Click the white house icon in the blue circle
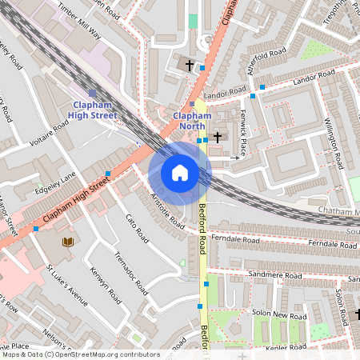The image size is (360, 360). [x=180, y=173]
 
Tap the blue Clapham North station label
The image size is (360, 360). [x=192, y=121]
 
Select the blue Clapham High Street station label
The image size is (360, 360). [x=94, y=110]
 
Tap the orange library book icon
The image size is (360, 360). [x=68, y=241]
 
